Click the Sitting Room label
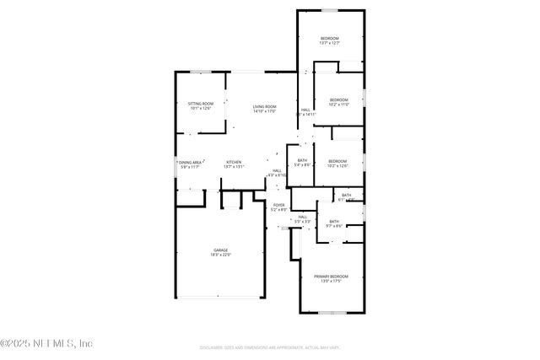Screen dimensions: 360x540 [200, 103]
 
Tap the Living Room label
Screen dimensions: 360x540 [265, 105]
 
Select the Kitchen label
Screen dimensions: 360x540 [234, 161]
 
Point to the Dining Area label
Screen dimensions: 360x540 [190, 161]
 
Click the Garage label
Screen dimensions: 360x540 [220, 250]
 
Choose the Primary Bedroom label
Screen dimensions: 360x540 [331, 276]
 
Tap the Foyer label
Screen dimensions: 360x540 [278, 204]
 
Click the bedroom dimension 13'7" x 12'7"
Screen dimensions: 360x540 [329, 43]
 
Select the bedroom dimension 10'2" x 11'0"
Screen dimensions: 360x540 [338, 105]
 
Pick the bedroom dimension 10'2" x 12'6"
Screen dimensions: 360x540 [337, 165]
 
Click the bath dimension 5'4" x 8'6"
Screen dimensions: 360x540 [303, 164]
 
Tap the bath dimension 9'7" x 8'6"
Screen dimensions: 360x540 [335, 226]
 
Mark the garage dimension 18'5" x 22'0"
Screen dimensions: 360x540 [220, 254]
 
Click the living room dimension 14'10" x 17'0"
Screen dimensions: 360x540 [265, 110]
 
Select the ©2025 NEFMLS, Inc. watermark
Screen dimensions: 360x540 [47, 343]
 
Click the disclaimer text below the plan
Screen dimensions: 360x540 [270, 347]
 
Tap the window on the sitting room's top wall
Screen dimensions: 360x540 [200, 73]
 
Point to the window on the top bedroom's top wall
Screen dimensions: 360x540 [329, 11]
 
